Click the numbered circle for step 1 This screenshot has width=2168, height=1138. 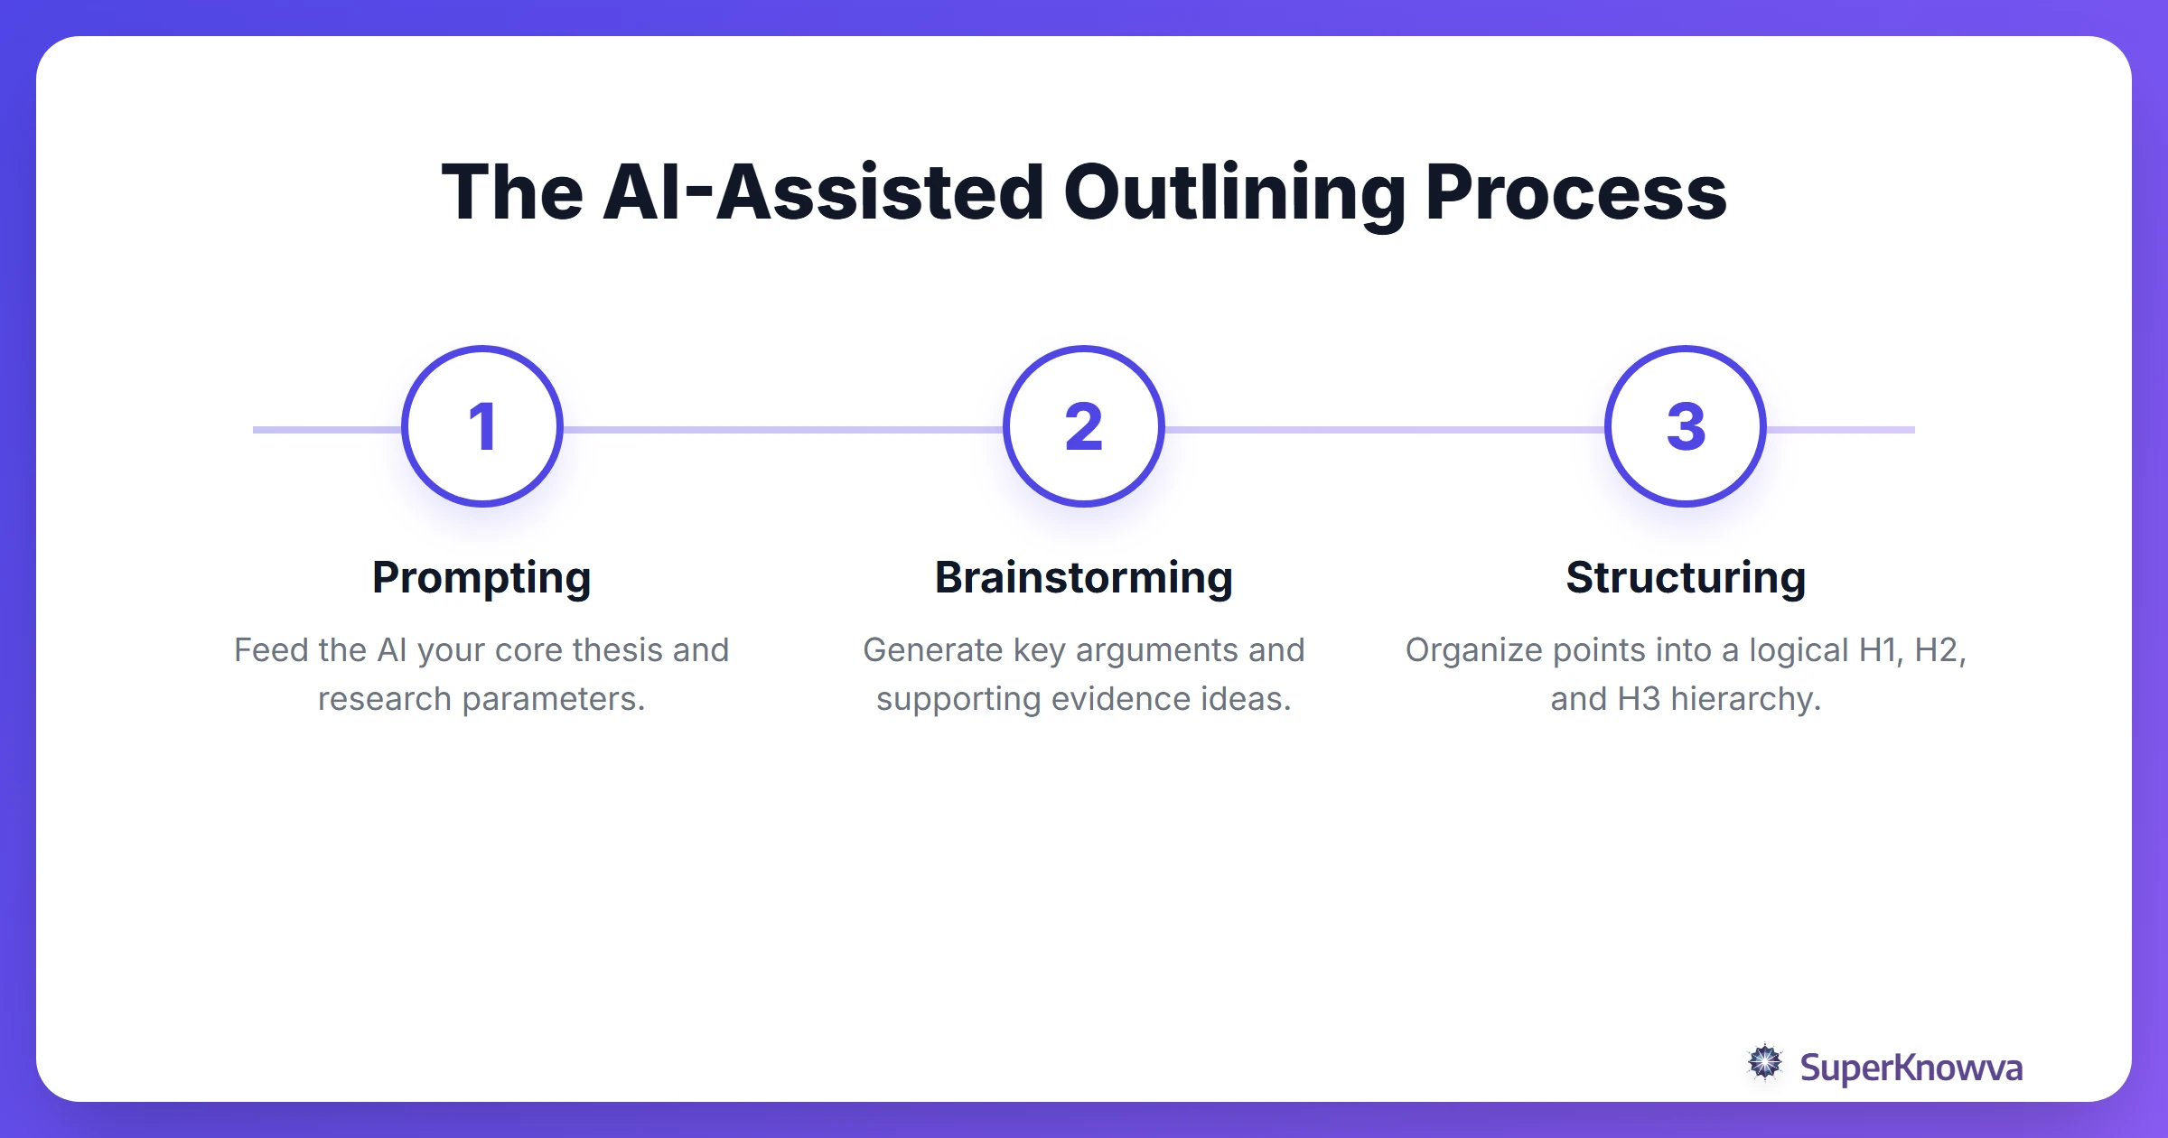click(482, 426)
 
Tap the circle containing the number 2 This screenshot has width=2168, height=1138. click(1083, 426)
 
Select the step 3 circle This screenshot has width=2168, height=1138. click(1685, 426)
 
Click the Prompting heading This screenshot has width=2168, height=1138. click(481, 578)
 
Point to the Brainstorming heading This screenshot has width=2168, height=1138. click(1083, 578)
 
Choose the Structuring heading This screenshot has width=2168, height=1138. click(1686, 578)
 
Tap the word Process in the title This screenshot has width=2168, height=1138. click(1575, 193)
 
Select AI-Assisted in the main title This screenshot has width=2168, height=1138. click(823, 193)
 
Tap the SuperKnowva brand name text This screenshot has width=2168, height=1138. click(1911, 1068)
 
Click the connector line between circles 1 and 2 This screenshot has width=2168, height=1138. click(782, 430)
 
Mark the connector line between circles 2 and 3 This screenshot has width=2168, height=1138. click(1384, 430)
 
